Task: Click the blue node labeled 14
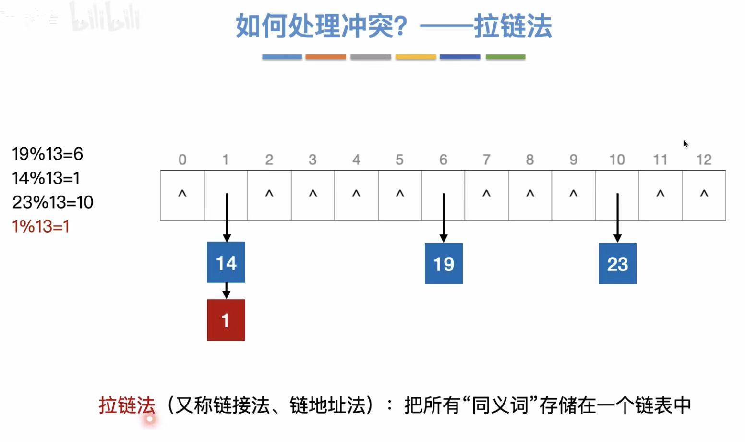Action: click(x=226, y=262)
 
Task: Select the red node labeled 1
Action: click(x=226, y=320)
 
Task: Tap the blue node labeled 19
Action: click(x=444, y=263)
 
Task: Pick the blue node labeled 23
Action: click(x=617, y=263)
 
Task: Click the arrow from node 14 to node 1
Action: click(x=226, y=291)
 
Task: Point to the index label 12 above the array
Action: click(x=704, y=160)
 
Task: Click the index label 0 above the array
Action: click(x=182, y=160)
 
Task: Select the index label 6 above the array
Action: click(x=443, y=160)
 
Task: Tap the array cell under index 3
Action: click(x=312, y=195)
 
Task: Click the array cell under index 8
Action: click(x=530, y=195)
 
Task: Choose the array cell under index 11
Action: click(x=660, y=195)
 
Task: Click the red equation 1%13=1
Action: click(x=41, y=226)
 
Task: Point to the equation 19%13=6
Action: click(x=48, y=154)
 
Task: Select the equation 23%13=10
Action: click(x=53, y=202)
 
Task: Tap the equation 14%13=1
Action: click(x=46, y=178)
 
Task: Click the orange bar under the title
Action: click(x=325, y=57)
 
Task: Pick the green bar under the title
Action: click(x=505, y=57)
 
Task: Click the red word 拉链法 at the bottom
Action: click(x=127, y=405)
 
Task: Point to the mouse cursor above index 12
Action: click(x=685, y=144)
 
